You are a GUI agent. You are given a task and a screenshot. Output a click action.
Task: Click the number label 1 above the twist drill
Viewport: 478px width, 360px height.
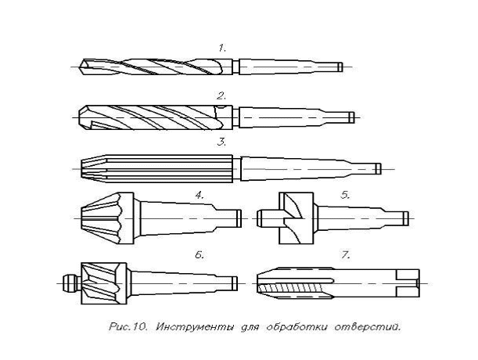(221, 48)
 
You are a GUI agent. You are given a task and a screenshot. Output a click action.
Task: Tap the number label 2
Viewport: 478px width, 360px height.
(221, 96)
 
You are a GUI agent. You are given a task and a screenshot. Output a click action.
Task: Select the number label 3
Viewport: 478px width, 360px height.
(221, 142)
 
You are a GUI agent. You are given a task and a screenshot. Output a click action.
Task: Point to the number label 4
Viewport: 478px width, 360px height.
(199, 195)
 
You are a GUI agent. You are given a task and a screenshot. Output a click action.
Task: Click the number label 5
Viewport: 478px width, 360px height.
(345, 195)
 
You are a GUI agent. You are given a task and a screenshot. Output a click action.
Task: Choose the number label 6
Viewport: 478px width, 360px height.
(199, 255)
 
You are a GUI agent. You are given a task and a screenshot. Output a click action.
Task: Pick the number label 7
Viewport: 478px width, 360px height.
(345, 255)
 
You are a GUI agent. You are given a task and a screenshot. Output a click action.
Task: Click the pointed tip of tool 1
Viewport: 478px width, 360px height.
(80, 67)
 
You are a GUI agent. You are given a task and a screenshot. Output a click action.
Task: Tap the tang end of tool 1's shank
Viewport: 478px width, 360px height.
(340, 67)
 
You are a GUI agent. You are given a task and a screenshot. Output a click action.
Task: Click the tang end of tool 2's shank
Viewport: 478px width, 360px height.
(351, 117)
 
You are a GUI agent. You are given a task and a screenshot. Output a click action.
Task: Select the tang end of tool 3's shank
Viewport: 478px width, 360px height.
(378, 169)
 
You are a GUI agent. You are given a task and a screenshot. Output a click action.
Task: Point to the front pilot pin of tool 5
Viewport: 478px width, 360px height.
(268, 218)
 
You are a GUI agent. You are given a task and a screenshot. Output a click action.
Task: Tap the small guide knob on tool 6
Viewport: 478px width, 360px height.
(70, 283)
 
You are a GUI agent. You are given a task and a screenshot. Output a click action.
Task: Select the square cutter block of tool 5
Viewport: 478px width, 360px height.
(297, 218)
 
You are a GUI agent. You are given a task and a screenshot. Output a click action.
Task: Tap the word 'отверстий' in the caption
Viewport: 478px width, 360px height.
(367, 327)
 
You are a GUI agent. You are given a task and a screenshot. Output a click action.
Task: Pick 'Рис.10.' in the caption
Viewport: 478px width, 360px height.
(128, 327)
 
